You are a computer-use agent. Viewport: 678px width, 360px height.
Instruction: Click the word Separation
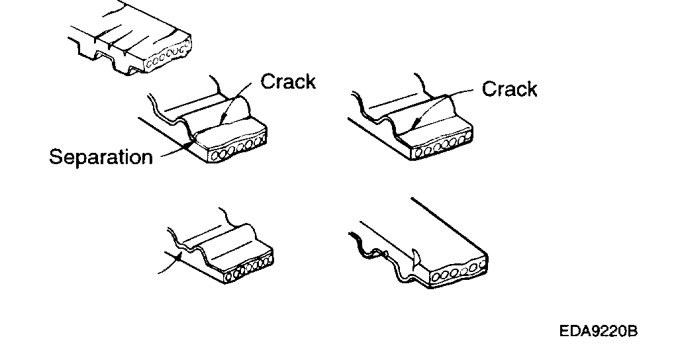coord(101,157)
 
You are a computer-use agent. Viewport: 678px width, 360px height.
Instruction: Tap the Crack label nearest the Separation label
coord(288,81)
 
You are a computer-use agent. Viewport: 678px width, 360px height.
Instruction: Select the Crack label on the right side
coord(509,89)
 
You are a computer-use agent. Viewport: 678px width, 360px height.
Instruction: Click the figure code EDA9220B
coord(598,332)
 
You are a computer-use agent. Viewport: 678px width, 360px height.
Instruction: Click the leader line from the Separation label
coord(173,152)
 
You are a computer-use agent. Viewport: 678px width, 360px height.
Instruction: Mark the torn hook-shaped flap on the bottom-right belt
coord(414,258)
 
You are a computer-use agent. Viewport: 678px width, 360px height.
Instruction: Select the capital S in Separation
coord(56,157)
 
